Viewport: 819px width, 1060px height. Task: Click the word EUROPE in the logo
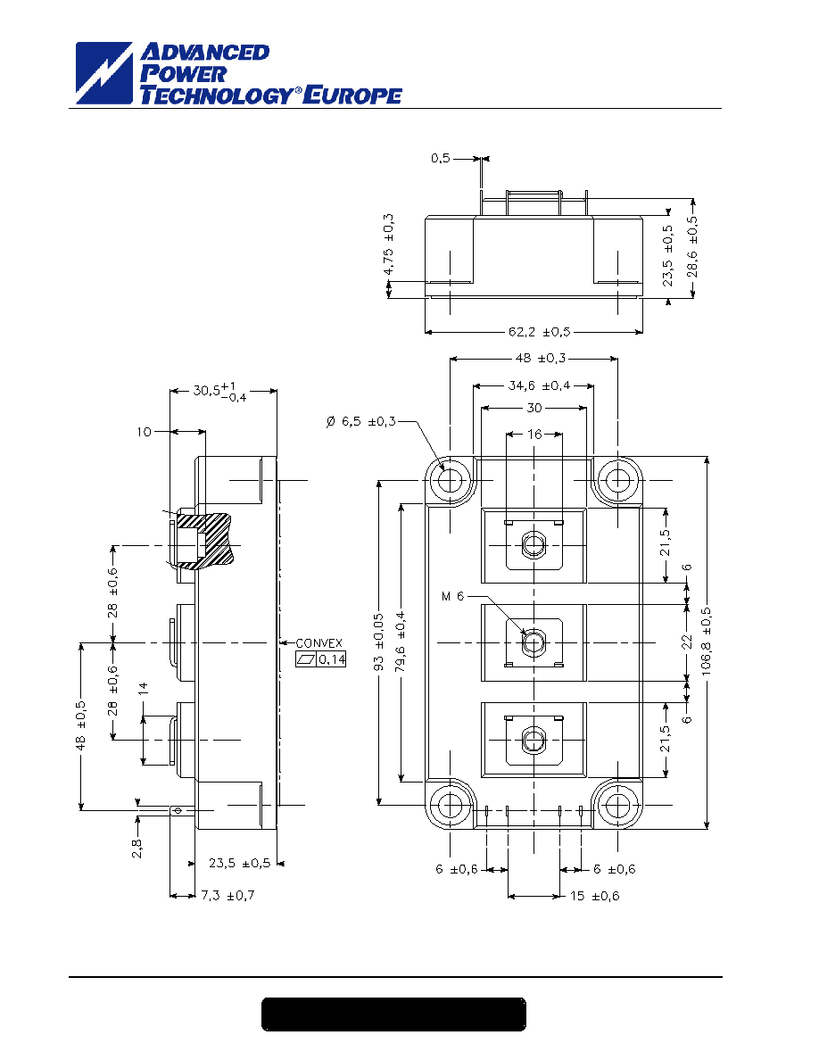[352, 95]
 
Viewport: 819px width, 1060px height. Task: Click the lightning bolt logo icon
[104, 73]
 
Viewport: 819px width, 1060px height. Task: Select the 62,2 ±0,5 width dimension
[539, 332]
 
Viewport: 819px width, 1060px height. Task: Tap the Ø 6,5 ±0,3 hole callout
[360, 422]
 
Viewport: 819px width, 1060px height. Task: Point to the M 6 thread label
[452, 596]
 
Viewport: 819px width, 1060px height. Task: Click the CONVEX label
[319, 643]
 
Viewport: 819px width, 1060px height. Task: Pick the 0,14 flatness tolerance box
[321, 659]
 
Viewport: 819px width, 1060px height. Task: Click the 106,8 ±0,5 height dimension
[707, 640]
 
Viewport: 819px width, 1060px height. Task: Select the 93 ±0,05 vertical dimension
[378, 642]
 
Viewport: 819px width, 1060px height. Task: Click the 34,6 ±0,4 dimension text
[539, 385]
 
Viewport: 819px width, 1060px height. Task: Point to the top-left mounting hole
[450, 481]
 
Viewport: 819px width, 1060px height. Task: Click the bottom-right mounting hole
[617, 805]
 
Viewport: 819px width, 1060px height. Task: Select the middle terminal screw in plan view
[534, 642]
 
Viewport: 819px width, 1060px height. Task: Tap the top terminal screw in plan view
[534, 545]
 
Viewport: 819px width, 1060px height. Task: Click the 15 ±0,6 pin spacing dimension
[595, 896]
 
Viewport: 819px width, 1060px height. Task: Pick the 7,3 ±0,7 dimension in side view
[227, 895]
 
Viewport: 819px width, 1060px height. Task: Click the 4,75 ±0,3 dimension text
[388, 244]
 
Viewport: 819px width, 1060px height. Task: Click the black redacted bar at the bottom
[394, 1014]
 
